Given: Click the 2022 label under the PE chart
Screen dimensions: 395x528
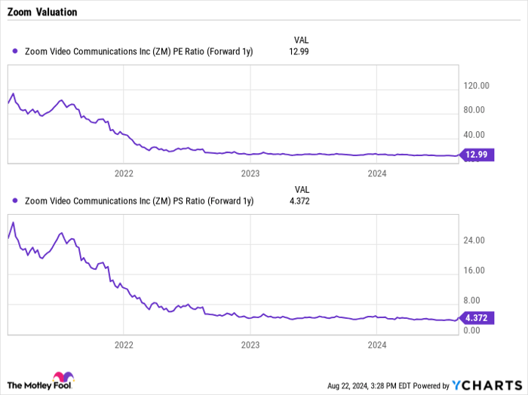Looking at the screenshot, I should [x=123, y=173].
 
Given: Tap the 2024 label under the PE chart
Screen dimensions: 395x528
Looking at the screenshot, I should [x=376, y=173].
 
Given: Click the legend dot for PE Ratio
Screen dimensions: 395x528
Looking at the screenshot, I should [x=16, y=51].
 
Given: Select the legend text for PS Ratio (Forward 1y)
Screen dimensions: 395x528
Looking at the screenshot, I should [x=139, y=201].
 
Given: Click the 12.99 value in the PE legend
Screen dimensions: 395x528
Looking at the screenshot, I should [x=299, y=51].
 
